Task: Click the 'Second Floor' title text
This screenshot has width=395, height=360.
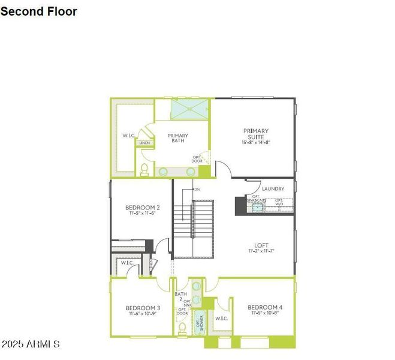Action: pyautogui.click(x=39, y=11)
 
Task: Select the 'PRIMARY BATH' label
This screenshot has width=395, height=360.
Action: pyautogui.click(x=178, y=138)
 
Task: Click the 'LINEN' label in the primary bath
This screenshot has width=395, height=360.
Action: pyautogui.click(x=144, y=143)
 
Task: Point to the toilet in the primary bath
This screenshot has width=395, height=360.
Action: pyautogui.click(x=144, y=170)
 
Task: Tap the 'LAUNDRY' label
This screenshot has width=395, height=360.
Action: pyautogui.click(x=273, y=189)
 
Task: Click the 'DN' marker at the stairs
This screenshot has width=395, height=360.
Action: pyautogui.click(x=197, y=190)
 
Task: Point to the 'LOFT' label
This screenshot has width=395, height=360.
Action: pyautogui.click(x=261, y=245)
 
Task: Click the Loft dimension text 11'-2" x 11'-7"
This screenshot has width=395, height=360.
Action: pyautogui.click(x=261, y=251)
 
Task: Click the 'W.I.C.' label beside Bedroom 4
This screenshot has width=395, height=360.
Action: pyautogui.click(x=222, y=318)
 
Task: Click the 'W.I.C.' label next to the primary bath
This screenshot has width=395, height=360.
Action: pyautogui.click(x=128, y=136)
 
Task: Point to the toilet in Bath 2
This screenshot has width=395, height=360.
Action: pyautogui.click(x=180, y=328)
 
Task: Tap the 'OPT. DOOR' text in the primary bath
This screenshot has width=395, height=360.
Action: pyautogui.click(x=197, y=160)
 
